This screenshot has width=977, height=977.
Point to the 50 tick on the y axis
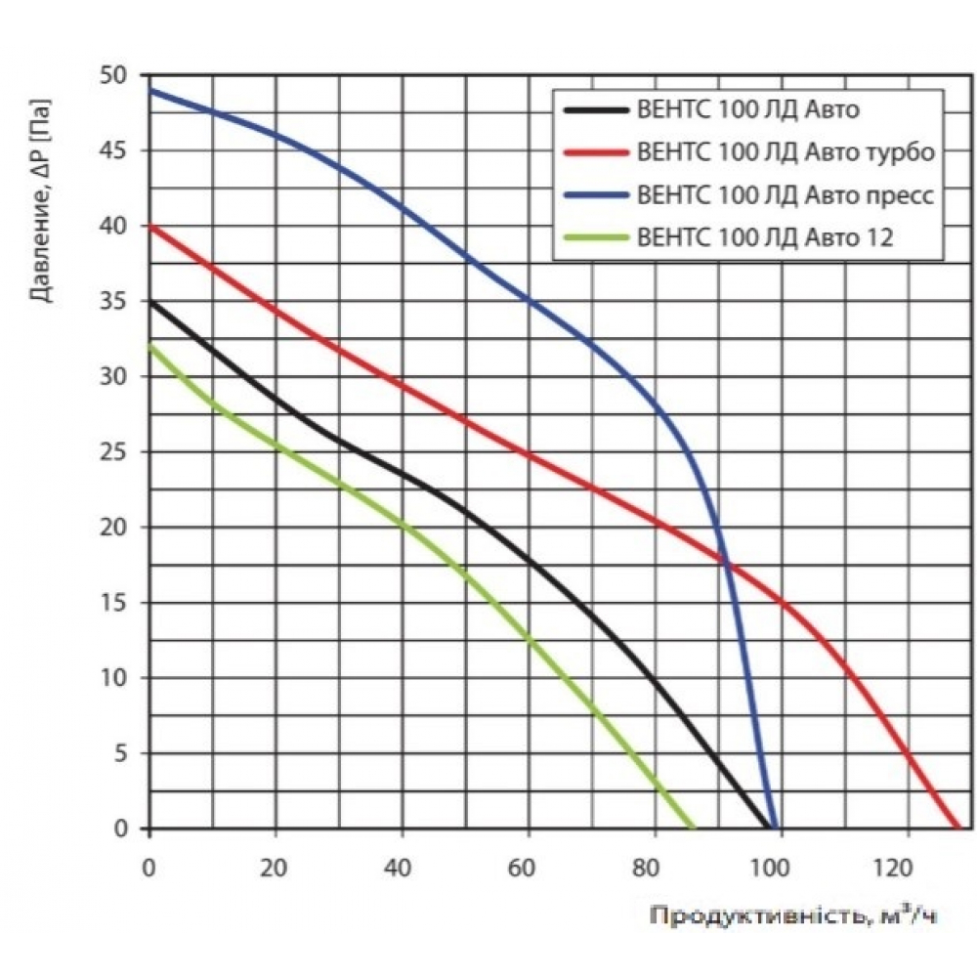(114, 75)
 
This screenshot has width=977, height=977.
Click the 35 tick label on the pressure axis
(114, 302)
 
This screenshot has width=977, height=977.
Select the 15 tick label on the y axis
(114, 603)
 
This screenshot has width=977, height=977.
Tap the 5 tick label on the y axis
(121, 753)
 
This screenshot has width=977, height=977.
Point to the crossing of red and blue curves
(726, 563)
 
